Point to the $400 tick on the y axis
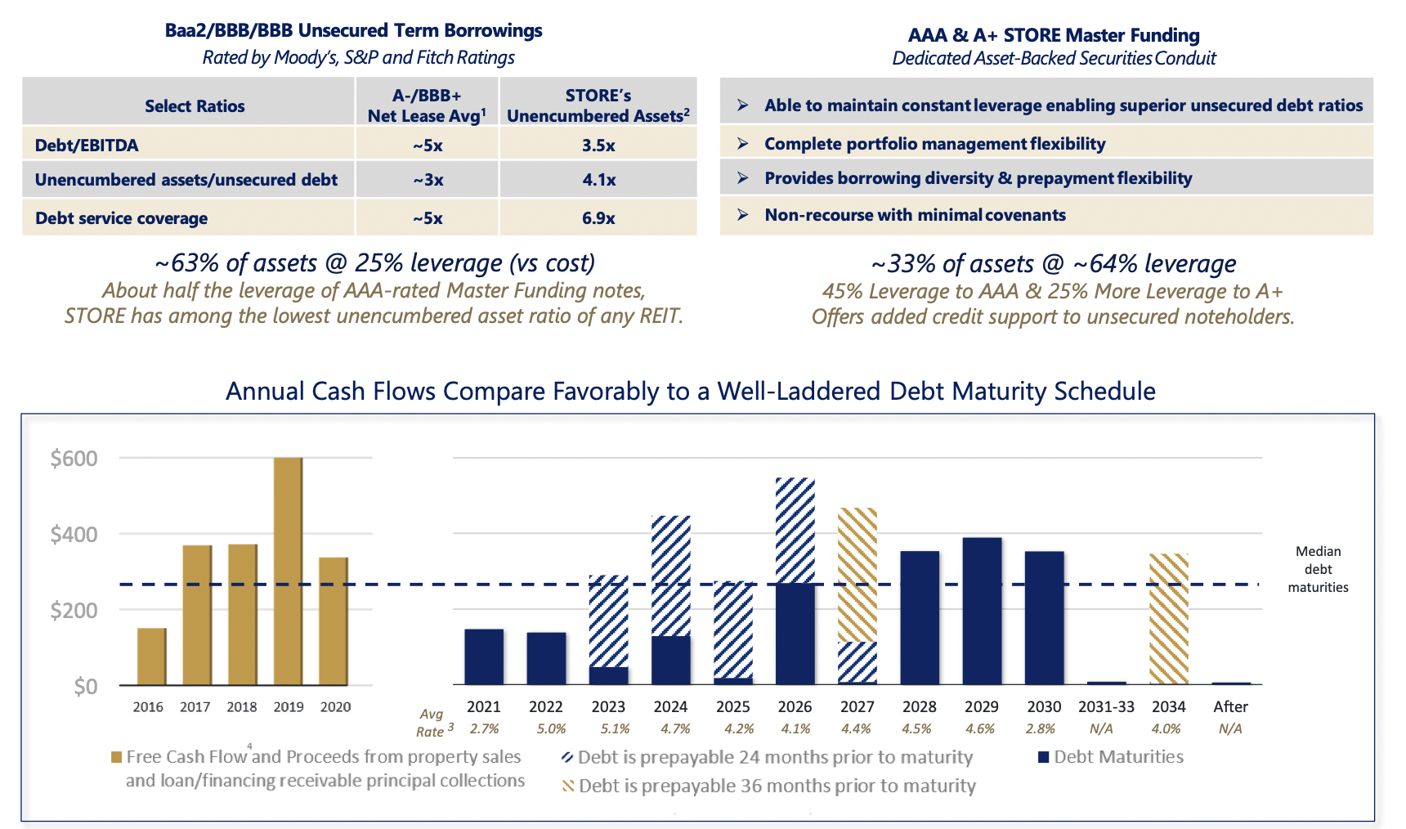[x=74, y=535]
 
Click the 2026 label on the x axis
[x=795, y=706]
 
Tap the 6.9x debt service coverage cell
[x=598, y=218]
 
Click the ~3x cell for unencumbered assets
[x=428, y=180]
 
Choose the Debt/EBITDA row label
[x=87, y=146]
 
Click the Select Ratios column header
[x=195, y=106]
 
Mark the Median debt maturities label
[x=1318, y=569]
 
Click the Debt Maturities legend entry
[x=1117, y=757]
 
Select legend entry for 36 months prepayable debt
[x=776, y=786]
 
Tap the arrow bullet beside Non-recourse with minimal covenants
[x=742, y=215]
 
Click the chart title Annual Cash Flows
[x=690, y=391]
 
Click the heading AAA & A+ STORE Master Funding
[x=1054, y=35]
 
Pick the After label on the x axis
[x=1230, y=706]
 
